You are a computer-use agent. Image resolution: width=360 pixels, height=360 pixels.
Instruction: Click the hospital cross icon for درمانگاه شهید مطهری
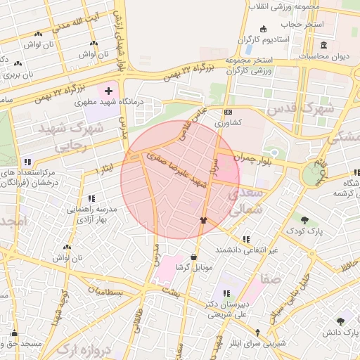[x=108, y=91]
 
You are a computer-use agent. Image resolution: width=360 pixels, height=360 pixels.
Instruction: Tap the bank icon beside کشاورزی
[x=228, y=112]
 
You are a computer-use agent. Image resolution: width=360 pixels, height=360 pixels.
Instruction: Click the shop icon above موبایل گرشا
[x=193, y=257]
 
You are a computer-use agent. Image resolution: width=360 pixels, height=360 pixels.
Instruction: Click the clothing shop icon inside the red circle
[x=204, y=220]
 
